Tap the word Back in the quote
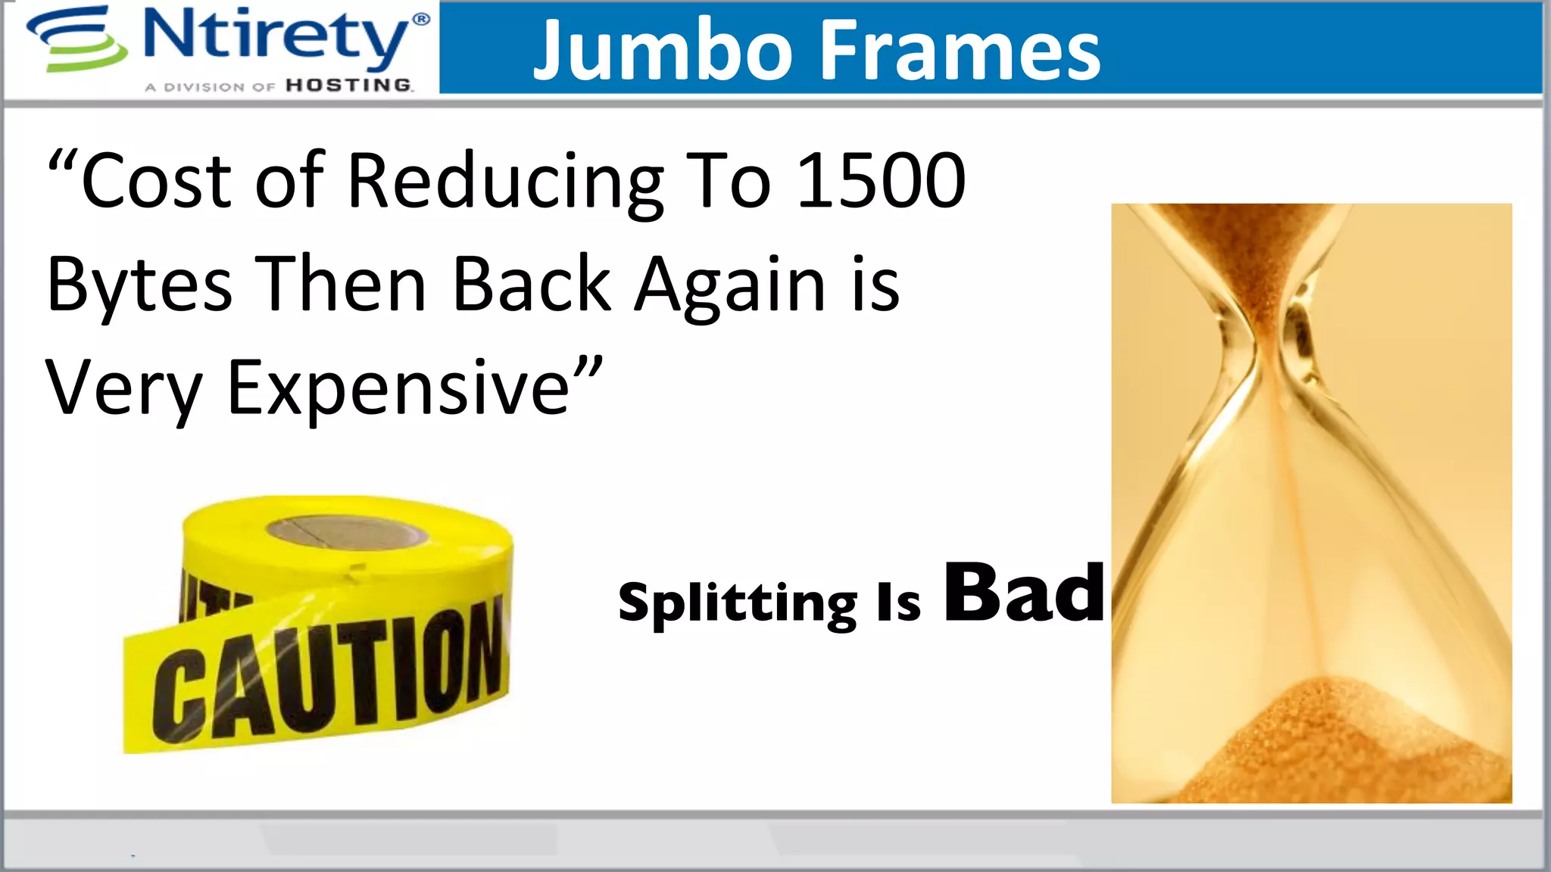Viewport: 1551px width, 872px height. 532,285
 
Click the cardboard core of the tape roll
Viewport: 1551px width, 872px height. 347,532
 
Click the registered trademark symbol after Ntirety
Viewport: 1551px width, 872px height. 421,19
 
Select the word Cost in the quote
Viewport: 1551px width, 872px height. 156,182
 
